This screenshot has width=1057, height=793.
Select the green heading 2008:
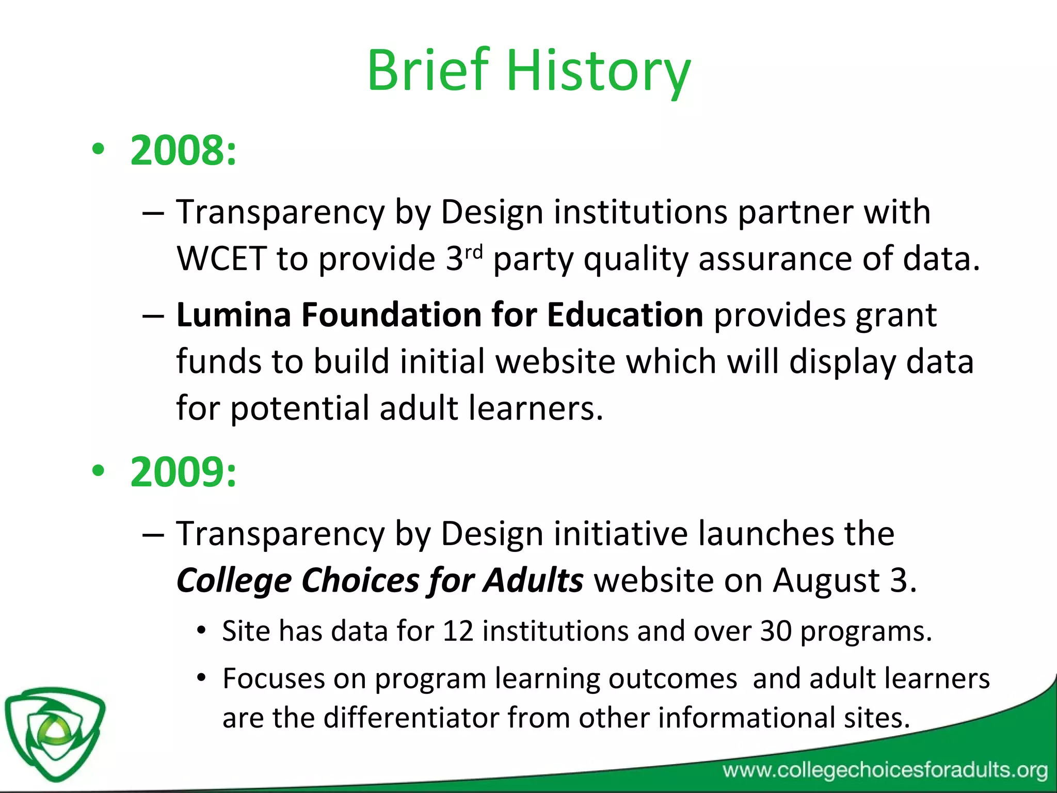pos(183,150)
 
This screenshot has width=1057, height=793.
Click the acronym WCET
pos(221,258)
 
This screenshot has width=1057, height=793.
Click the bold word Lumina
pos(233,314)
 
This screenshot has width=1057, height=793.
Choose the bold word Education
pos(624,314)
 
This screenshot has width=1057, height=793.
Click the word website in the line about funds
pos(555,361)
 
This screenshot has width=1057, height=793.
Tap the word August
pos(826,580)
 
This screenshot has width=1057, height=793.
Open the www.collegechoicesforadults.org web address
pos(885,770)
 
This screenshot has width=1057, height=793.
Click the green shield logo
pos(54,732)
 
